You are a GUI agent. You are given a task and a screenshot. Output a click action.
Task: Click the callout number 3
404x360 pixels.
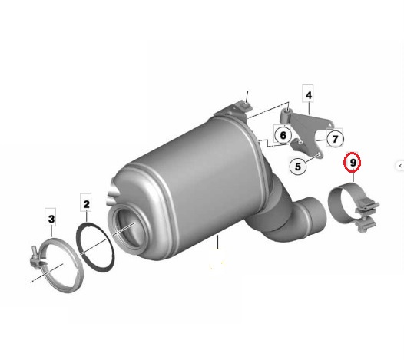coord(51,220)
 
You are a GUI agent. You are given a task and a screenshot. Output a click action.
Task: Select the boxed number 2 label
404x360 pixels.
coord(86,204)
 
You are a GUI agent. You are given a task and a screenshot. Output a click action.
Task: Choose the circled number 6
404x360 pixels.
coord(283,136)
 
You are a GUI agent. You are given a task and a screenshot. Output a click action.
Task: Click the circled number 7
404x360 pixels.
coord(335,139)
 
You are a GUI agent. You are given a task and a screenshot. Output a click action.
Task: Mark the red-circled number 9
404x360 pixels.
coord(353,163)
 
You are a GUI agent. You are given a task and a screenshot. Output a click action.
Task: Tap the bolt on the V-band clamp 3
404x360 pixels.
coord(36,258)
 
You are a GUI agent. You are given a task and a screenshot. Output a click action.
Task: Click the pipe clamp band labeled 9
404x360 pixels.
coord(344,201)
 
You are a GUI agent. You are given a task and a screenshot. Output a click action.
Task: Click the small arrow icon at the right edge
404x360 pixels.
coord(399,165)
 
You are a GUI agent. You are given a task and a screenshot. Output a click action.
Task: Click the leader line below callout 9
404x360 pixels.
coord(353,180)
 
